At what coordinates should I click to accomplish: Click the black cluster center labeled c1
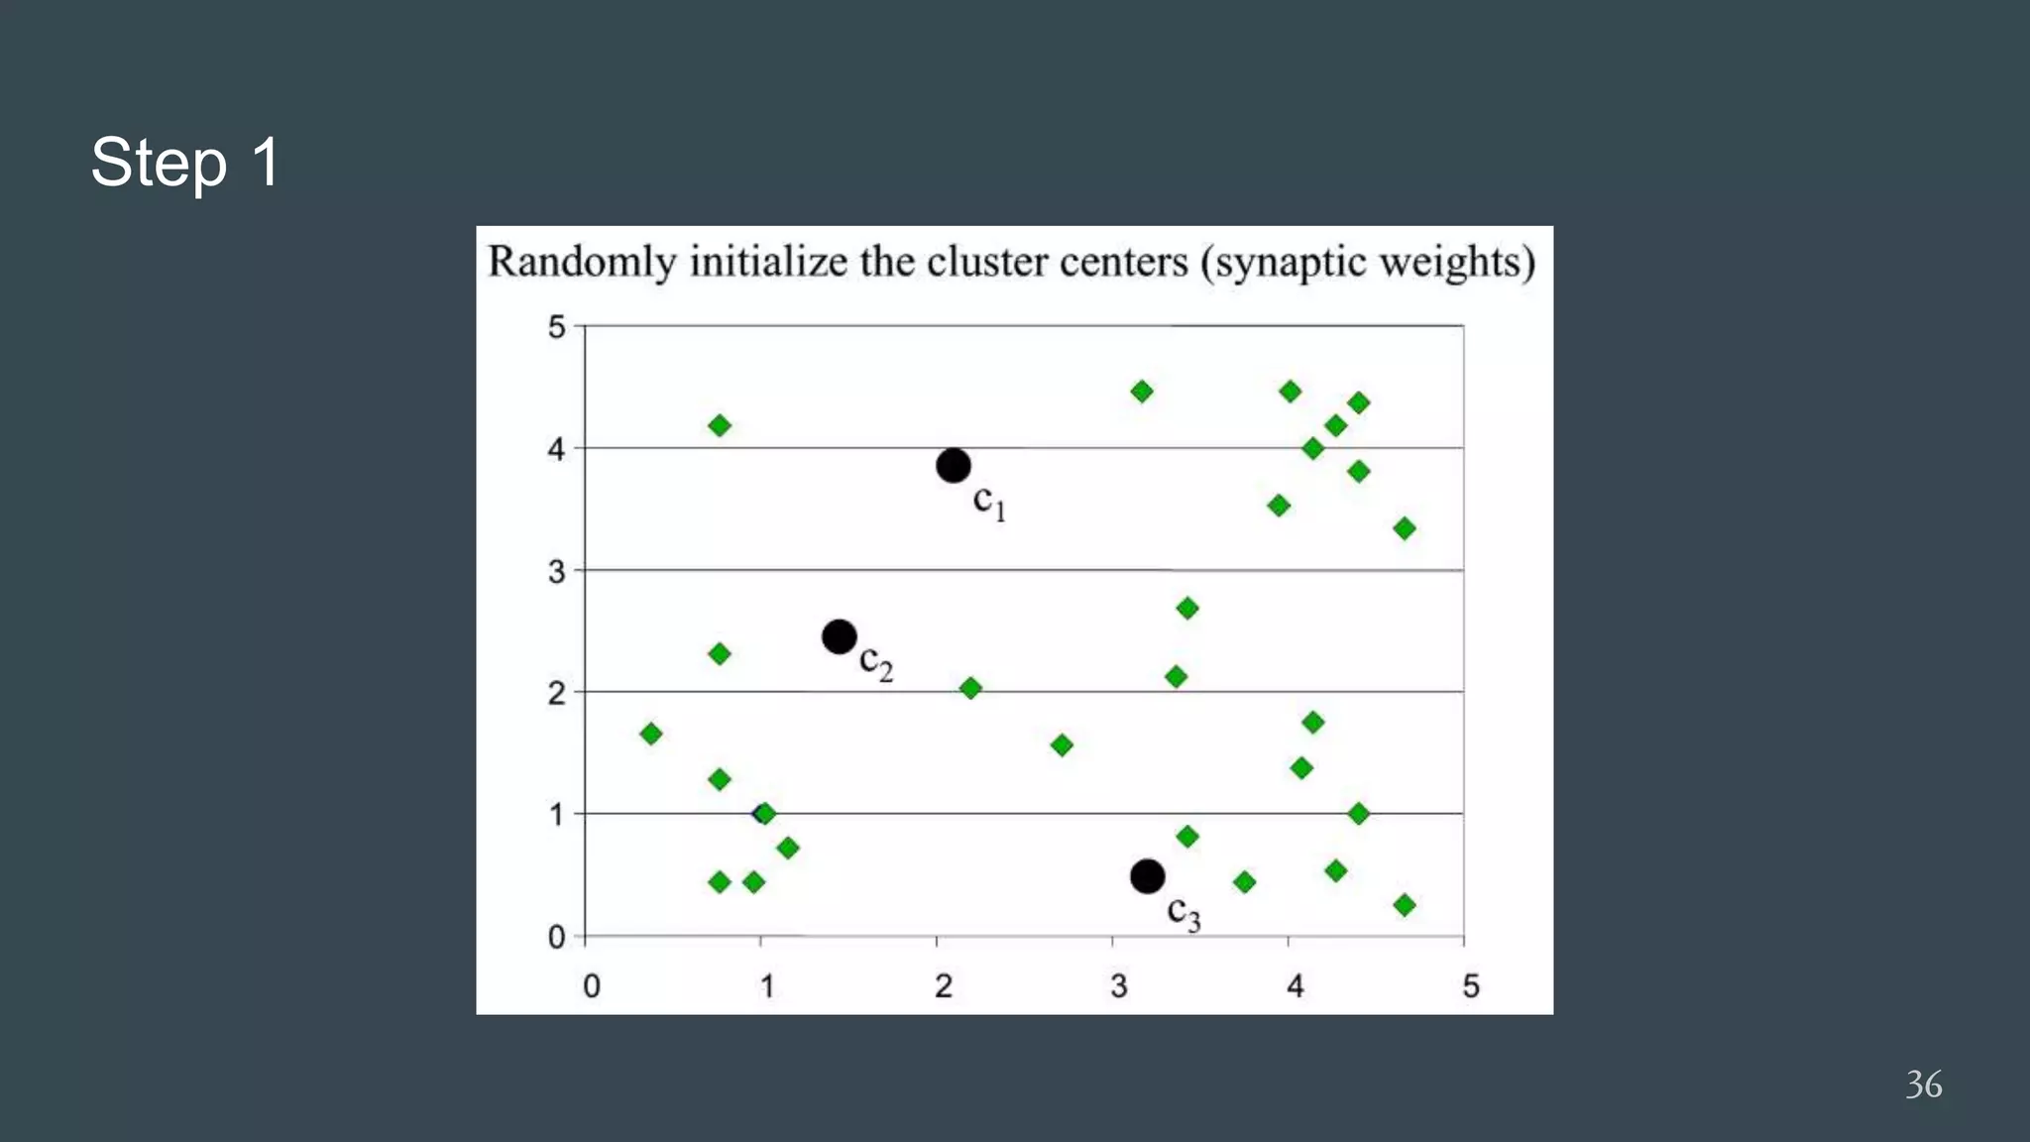point(953,465)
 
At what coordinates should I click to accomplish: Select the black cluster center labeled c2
point(839,636)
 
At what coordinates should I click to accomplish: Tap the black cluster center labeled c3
point(1147,876)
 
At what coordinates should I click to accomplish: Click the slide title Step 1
point(185,162)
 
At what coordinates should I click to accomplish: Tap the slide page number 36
point(1923,1084)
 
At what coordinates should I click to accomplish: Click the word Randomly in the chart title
point(582,263)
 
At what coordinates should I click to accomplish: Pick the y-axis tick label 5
point(557,327)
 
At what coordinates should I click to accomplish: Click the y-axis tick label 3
point(557,572)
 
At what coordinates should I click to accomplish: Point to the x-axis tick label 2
point(943,986)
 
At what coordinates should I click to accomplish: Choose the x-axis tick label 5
point(1470,986)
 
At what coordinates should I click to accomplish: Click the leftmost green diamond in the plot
point(651,734)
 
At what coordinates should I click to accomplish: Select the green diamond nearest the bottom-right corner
point(1404,904)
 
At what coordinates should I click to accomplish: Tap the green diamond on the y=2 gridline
point(970,688)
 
